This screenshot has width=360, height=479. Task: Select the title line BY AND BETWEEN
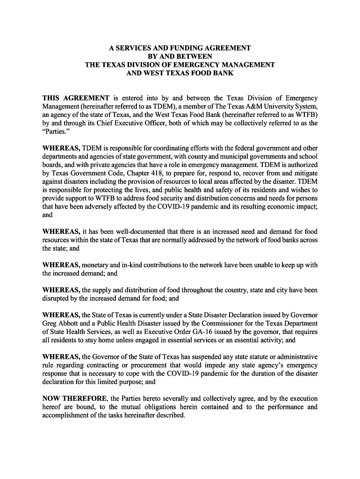click(x=180, y=56)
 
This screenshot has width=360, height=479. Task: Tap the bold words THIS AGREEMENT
click(x=76, y=98)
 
